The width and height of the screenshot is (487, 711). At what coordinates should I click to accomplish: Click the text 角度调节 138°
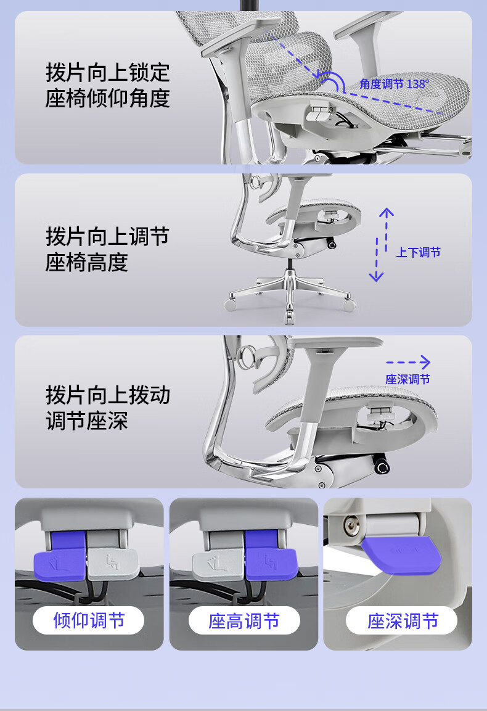coord(394,84)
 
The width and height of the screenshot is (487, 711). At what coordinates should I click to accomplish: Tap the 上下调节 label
coord(418,252)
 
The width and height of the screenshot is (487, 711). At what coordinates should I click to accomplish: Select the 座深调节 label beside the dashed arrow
coord(407,379)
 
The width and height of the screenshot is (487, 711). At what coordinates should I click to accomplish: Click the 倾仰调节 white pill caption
coord(88,620)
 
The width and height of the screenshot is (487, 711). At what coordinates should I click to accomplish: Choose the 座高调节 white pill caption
coord(244,621)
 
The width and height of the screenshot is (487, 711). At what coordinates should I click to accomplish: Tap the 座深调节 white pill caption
coord(402,621)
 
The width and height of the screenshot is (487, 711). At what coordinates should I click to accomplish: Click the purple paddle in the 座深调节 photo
coord(401,554)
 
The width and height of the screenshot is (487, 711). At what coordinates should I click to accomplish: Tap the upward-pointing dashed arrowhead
coord(387,212)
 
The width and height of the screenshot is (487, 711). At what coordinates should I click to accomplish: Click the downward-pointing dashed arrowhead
coord(377,276)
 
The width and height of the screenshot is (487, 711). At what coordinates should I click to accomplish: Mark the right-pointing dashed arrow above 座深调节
coord(407,362)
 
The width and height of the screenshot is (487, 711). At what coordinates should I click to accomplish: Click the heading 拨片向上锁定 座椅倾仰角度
coord(107,85)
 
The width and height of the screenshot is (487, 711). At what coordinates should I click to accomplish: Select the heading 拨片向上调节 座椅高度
coord(107,249)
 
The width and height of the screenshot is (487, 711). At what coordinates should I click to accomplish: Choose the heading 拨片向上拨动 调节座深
coord(107,408)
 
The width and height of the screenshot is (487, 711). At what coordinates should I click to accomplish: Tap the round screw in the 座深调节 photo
coord(351,525)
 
